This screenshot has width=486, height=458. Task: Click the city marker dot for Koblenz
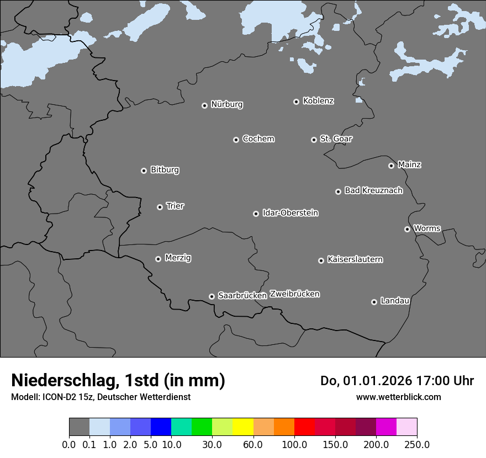pyautogui.click(x=296, y=102)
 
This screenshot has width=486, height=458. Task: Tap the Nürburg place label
pyautogui.click(x=227, y=104)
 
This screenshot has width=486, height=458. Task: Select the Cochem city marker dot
pyautogui.click(x=236, y=140)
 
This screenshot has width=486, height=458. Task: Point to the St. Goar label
pyautogui.click(x=336, y=139)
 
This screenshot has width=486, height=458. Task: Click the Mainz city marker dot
pyautogui.click(x=391, y=166)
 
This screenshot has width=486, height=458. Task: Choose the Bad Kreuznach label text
pyautogui.click(x=373, y=190)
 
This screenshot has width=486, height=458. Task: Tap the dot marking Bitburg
pyautogui.click(x=144, y=171)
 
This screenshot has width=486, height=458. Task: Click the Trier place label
pyautogui.click(x=175, y=206)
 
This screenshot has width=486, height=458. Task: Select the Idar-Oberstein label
pyautogui.click(x=290, y=212)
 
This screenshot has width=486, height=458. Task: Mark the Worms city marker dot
pyautogui.click(x=407, y=229)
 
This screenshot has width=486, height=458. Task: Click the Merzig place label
pyautogui.click(x=178, y=258)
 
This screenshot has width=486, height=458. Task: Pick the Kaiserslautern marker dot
pyautogui.click(x=321, y=260)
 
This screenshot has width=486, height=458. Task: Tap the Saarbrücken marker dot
pyautogui.click(x=212, y=296)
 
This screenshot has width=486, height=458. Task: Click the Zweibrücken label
pyautogui.click(x=294, y=294)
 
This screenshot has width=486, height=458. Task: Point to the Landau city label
pyautogui.click(x=395, y=301)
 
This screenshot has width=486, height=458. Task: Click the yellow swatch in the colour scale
pyautogui.click(x=243, y=427)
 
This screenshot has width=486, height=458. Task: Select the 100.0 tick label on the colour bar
pyautogui.click(x=294, y=444)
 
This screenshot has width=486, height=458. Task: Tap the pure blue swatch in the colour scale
pyautogui.click(x=161, y=427)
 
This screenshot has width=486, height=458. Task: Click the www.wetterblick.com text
pyautogui.click(x=398, y=397)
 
